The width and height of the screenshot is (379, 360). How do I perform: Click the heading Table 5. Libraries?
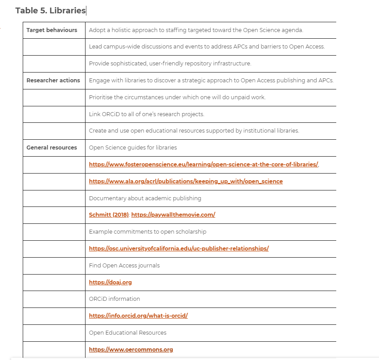tap(50, 11)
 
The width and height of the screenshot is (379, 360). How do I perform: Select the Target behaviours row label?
tap(52, 30)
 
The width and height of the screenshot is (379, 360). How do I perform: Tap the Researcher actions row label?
tap(53, 81)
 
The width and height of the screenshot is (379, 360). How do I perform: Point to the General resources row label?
tap(52, 148)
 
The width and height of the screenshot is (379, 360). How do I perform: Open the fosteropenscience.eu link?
tap(204, 165)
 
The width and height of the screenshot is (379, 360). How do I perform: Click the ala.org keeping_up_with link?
tap(186, 182)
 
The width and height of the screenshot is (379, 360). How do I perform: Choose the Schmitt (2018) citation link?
tap(109, 215)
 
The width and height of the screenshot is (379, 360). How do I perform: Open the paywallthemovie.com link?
tap(173, 215)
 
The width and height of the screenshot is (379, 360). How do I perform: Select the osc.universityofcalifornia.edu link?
tap(179, 248)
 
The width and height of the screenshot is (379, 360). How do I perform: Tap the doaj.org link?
tap(110, 282)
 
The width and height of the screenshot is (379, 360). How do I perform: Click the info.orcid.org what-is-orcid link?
tap(138, 316)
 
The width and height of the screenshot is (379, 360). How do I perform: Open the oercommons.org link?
tap(131, 350)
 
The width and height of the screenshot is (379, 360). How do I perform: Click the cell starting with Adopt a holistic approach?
tap(196, 30)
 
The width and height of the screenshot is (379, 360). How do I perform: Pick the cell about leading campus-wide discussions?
tap(207, 47)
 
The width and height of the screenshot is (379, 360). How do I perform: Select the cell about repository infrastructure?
tap(170, 64)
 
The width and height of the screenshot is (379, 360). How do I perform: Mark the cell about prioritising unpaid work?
tap(177, 97)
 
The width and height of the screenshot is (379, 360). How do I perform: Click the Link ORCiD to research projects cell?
tap(147, 114)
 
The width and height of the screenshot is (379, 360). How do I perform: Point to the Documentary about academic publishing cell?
tap(145, 198)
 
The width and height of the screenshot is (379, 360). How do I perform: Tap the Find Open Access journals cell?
tap(124, 266)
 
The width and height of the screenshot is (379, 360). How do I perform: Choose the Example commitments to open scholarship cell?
tap(147, 232)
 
